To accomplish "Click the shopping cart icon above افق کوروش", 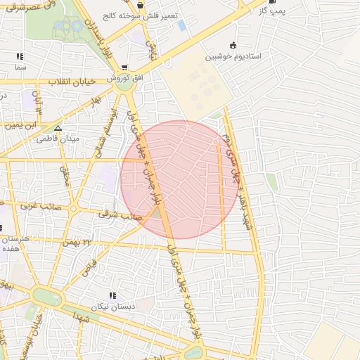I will click(x=125, y=67).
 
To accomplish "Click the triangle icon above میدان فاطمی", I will click(x=58, y=128).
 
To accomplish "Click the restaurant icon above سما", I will click(x=20, y=56).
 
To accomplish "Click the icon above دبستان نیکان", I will click(x=111, y=296).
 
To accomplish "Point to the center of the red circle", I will click(x=180, y=179).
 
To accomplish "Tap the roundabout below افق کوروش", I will click(x=125, y=88).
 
